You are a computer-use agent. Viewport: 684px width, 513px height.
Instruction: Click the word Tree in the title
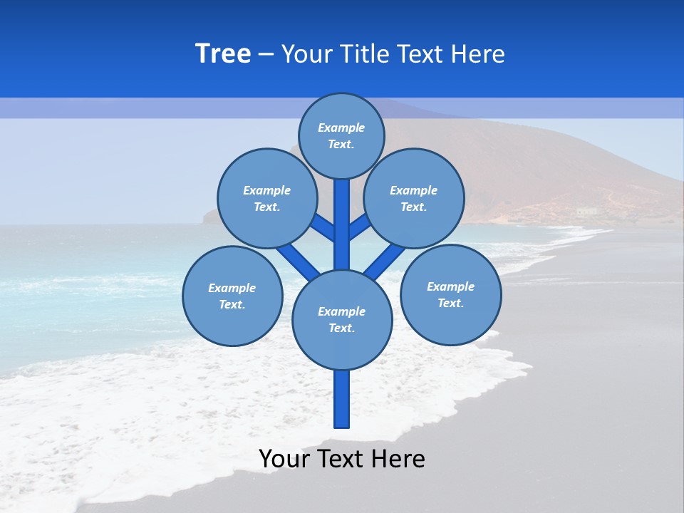(223, 53)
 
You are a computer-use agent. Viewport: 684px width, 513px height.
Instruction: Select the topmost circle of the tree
(341, 135)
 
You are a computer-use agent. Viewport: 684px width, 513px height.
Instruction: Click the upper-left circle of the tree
(267, 198)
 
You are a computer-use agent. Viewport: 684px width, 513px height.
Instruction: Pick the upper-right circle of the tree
(414, 198)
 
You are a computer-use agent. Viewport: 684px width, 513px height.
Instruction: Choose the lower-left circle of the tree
(232, 296)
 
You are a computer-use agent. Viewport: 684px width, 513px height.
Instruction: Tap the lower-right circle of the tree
(450, 294)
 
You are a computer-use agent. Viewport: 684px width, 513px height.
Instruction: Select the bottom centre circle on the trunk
(342, 319)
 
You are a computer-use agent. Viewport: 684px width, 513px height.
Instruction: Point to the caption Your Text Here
(342, 459)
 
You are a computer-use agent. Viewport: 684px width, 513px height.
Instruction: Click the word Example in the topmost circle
(341, 128)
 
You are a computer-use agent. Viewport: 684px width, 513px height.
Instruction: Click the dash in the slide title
(266, 54)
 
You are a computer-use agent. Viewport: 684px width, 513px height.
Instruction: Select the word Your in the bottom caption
(284, 459)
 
